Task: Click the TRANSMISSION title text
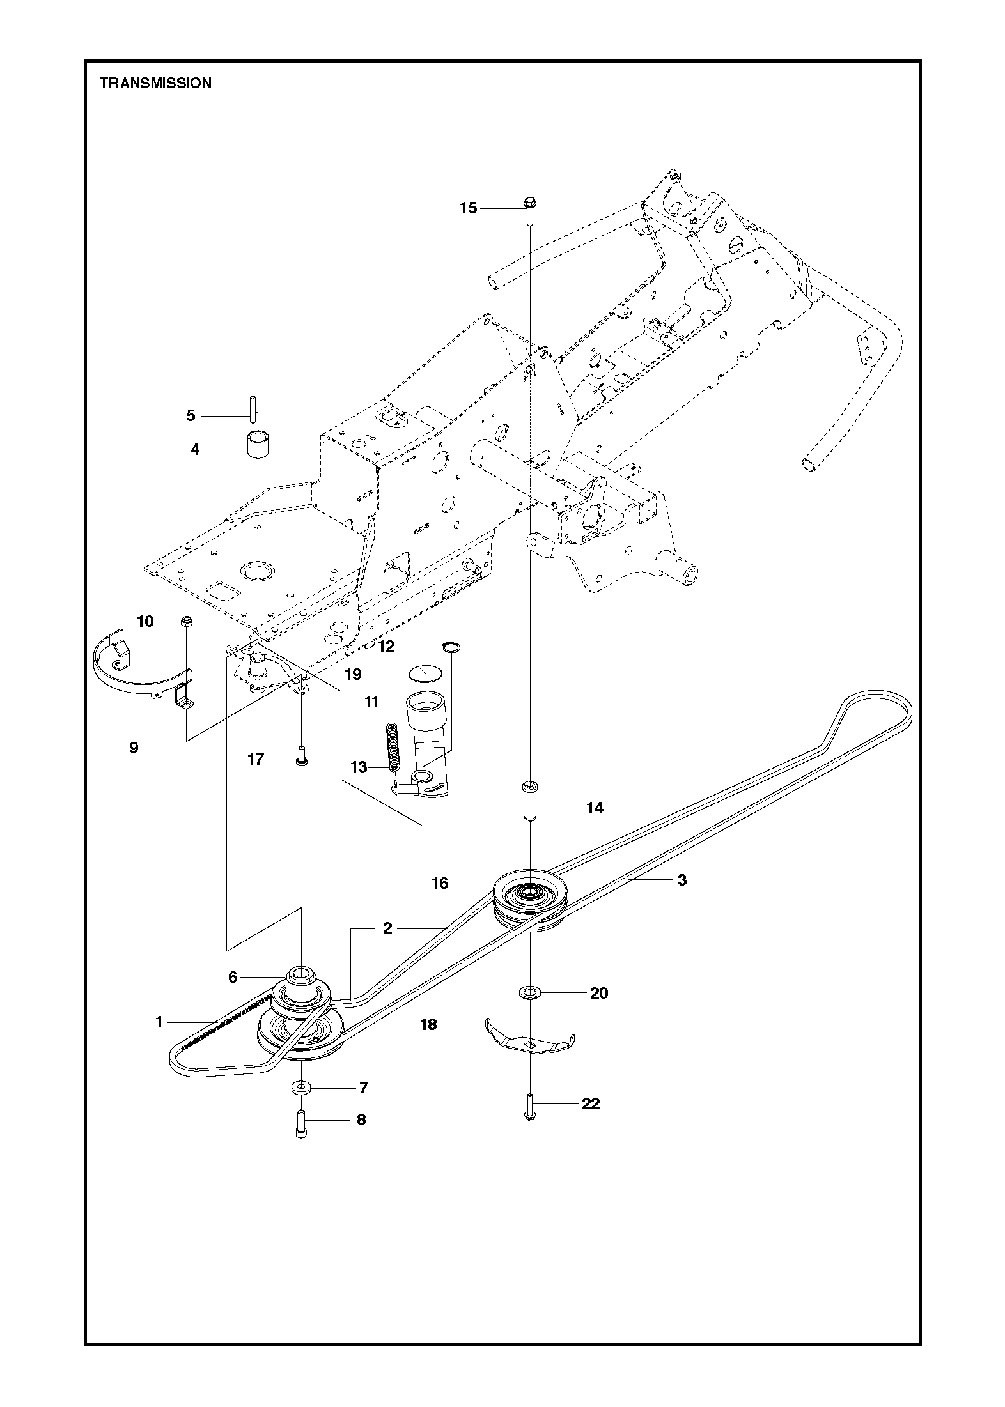click(x=155, y=83)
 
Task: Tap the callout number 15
click(x=469, y=208)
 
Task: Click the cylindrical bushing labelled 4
click(x=258, y=444)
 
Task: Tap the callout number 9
click(x=134, y=748)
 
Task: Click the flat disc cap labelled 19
click(x=425, y=673)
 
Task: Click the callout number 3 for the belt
click(x=682, y=880)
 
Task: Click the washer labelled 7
click(x=300, y=1087)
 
